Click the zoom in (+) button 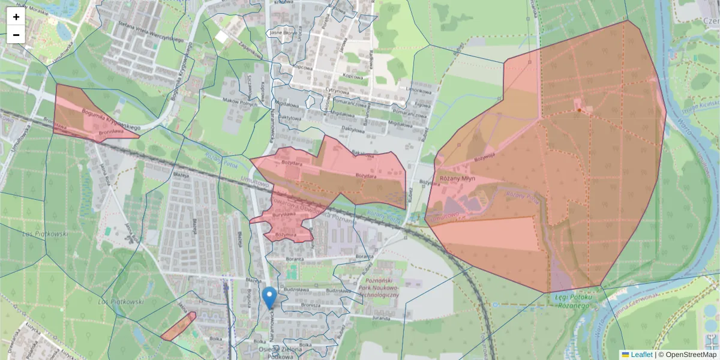16,17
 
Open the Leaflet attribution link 641,355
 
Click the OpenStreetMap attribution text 692,355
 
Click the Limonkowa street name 419,91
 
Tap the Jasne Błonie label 281,32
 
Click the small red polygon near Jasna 178,326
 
